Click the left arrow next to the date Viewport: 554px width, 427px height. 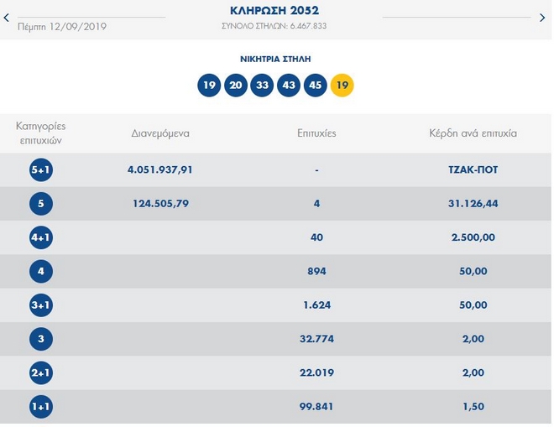coord(8,18)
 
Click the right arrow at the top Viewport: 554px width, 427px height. coord(541,18)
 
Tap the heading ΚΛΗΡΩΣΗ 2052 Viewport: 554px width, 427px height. coord(274,11)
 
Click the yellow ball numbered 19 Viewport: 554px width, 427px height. coord(342,85)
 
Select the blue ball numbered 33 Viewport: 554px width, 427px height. coord(262,85)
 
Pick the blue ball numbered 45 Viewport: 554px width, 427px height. coord(315,85)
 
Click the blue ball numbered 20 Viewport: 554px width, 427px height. coord(236,85)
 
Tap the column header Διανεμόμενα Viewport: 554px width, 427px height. coord(160,133)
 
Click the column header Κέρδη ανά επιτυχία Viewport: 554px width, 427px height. coord(473,133)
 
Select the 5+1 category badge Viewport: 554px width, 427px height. coord(40,169)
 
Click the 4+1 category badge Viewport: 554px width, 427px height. coord(40,237)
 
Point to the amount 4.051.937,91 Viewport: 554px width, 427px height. coord(160,169)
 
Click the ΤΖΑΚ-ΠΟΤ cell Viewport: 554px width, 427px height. coord(473,169)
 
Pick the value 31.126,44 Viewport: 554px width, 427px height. coord(473,204)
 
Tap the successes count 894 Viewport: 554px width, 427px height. coord(316,272)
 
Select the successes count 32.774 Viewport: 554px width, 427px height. coord(316,340)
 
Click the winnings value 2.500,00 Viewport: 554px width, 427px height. coord(473,237)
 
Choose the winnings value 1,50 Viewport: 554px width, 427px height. coord(473,407)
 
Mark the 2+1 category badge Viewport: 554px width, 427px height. coord(40,373)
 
